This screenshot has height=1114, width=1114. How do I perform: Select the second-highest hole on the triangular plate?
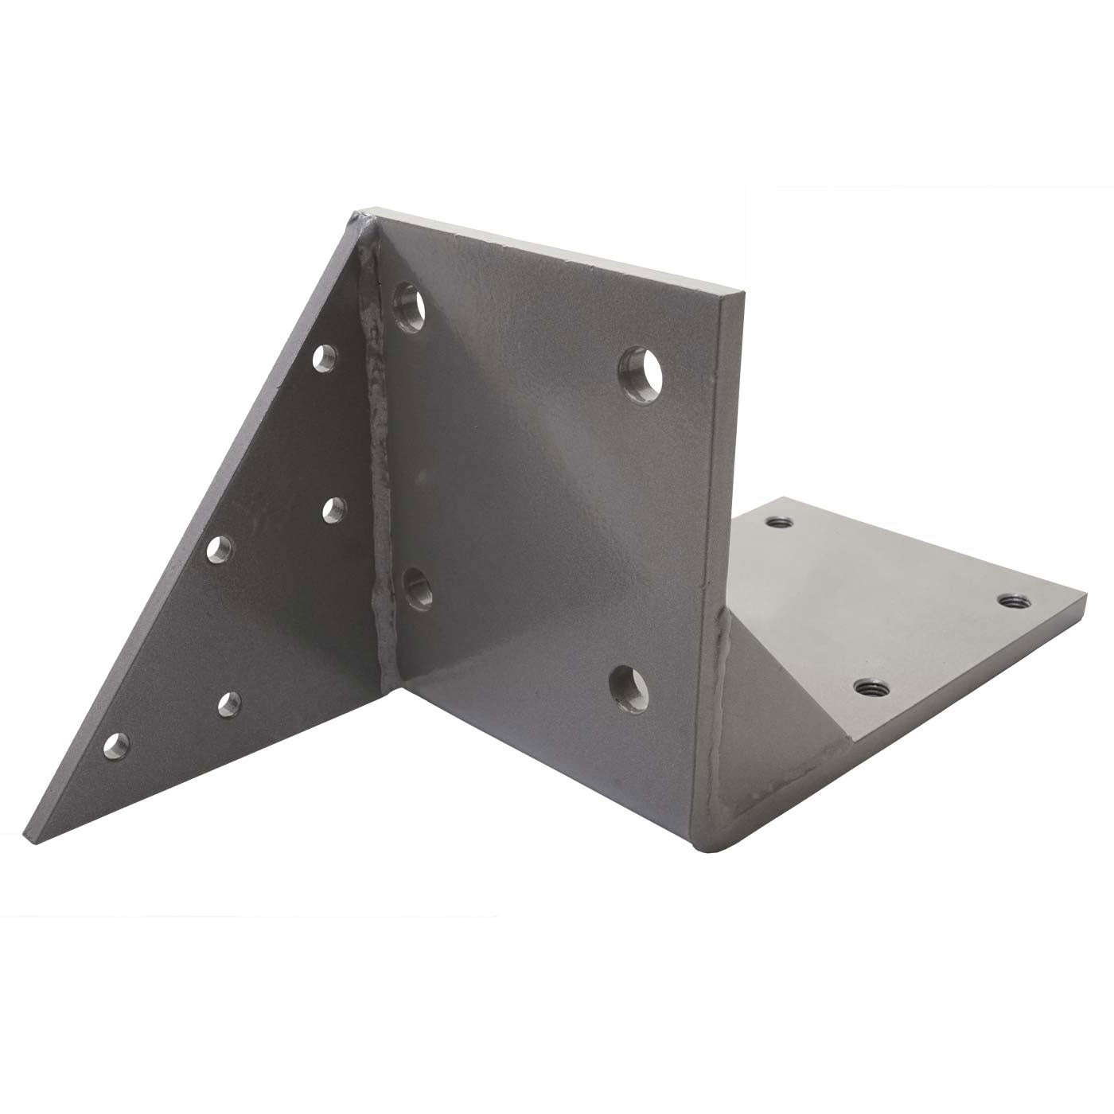335,508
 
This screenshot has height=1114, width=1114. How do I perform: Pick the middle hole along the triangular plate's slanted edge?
220,548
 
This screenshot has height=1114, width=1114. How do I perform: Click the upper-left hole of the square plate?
411,304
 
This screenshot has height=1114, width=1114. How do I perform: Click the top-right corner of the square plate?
742,296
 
